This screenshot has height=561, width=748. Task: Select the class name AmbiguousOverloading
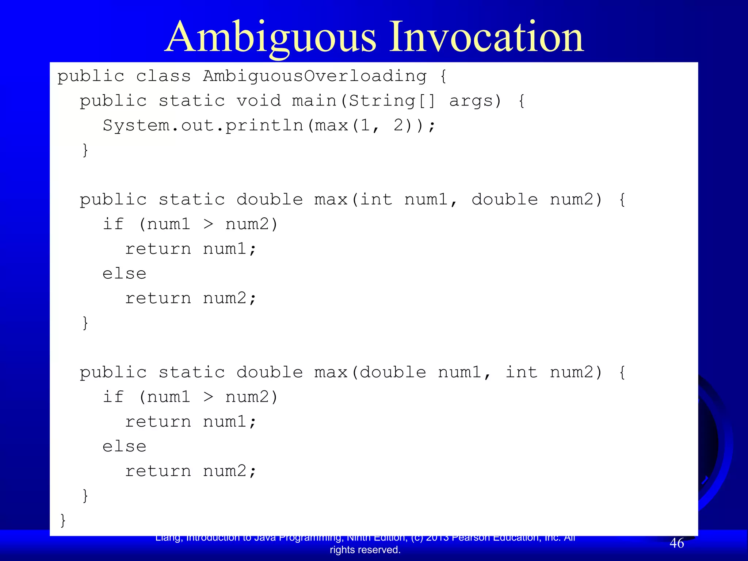[314, 76]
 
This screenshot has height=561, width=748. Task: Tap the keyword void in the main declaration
[259, 101]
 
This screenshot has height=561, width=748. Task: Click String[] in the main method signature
[392, 101]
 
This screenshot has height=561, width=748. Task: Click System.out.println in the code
[203, 126]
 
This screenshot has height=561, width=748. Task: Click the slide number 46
[676, 543]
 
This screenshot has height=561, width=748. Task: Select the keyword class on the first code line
[163, 76]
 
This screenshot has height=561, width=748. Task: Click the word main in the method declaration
[314, 101]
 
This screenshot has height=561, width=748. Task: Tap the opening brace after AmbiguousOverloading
[443, 76]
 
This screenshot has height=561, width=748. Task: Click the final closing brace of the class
[63, 520]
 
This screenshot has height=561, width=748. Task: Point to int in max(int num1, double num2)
[376, 200]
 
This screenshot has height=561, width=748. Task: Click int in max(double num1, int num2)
[521, 373]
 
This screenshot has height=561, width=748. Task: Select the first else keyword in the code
[124, 274]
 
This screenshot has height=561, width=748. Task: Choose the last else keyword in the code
[124, 446]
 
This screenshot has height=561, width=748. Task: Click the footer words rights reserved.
[365, 550]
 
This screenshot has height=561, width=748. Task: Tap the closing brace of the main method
[85, 150]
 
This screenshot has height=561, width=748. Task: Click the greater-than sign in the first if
[208, 224]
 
